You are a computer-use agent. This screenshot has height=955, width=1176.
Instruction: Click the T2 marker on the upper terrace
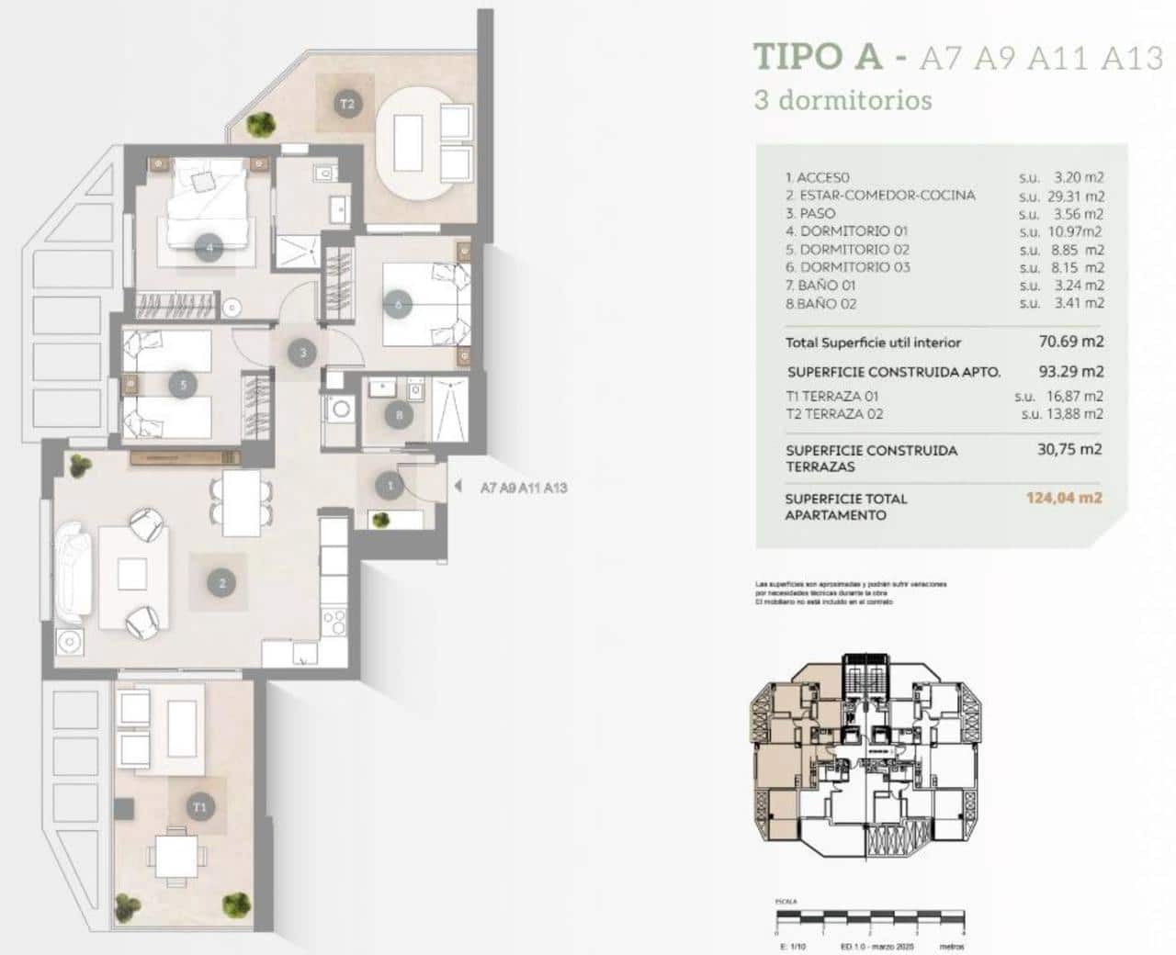point(347,104)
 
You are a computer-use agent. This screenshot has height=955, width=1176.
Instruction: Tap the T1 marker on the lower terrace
point(199,807)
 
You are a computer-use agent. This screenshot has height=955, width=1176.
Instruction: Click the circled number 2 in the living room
point(221,581)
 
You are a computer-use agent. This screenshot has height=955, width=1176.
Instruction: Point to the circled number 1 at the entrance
point(390,486)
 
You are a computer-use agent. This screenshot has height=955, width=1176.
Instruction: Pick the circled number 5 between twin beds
point(184,385)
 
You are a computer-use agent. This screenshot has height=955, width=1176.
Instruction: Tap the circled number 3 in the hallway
point(302,351)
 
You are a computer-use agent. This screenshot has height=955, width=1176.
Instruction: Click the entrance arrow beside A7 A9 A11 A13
point(458,488)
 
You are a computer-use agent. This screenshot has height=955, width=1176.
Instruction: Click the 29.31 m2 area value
point(1075,196)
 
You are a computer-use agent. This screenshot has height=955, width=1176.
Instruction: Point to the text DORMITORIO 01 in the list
point(854,231)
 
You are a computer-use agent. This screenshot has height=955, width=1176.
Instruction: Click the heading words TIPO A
point(816,57)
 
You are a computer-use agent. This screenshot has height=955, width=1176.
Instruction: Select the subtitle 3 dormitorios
point(842,99)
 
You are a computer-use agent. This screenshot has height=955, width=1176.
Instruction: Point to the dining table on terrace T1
point(174,853)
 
